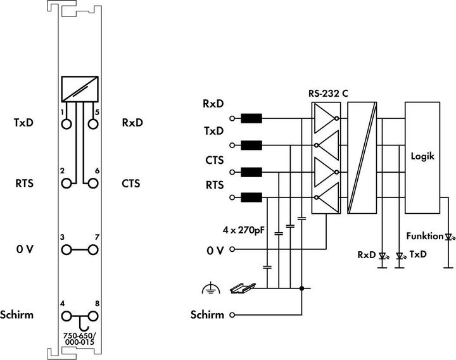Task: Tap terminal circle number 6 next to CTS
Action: (x=93, y=183)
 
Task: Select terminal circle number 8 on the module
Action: (x=93, y=314)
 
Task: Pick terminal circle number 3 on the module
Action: (x=66, y=249)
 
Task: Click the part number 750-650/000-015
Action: (x=79, y=338)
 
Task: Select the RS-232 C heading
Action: (x=327, y=93)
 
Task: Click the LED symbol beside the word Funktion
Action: (x=449, y=237)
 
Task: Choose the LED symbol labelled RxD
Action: (x=382, y=256)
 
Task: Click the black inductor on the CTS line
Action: (x=251, y=171)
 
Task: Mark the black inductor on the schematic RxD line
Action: (x=251, y=118)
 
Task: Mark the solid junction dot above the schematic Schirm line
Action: (x=301, y=289)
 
